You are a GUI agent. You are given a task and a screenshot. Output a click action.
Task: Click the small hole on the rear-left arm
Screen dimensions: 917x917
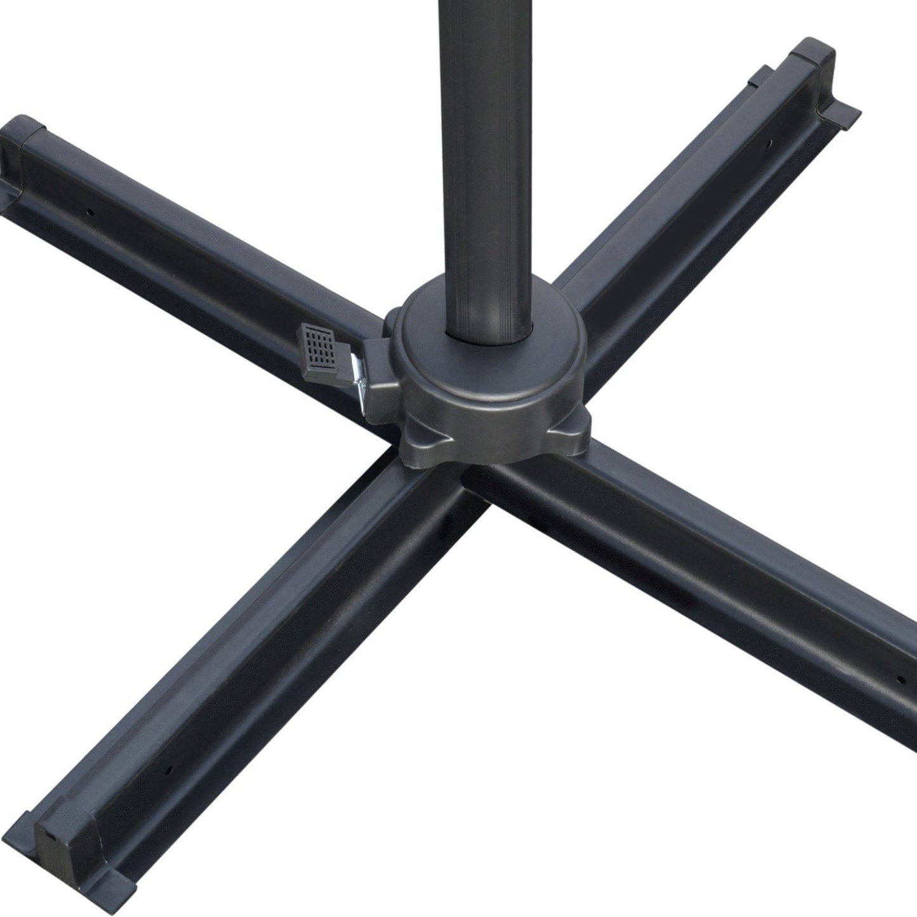tap(91, 212)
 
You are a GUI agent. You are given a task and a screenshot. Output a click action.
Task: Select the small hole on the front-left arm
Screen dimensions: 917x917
tap(169, 769)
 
